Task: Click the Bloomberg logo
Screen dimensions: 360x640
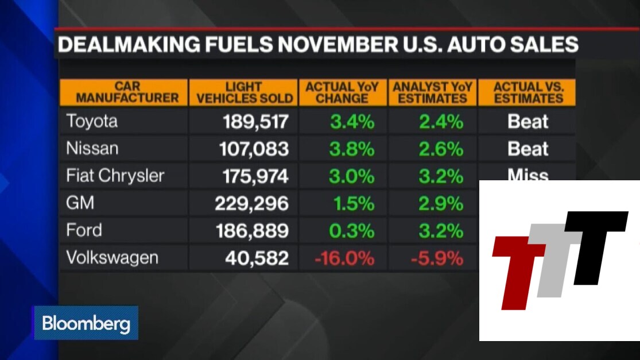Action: point(86,324)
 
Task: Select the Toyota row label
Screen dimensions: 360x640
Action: point(92,122)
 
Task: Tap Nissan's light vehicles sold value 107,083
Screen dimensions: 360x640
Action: point(254,149)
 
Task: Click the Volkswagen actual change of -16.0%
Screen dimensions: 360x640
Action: point(344,258)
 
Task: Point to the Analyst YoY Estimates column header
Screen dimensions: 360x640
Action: point(432,92)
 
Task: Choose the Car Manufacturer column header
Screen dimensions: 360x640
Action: point(123,92)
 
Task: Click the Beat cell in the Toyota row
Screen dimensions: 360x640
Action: point(527,122)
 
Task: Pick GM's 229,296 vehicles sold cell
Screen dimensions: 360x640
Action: point(251,204)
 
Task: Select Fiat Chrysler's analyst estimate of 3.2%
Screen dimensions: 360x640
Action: point(440,176)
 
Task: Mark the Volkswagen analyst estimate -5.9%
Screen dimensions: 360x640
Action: point(437,258)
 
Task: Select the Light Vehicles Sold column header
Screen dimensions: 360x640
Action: point(244,92)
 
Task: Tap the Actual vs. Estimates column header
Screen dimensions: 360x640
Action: point(528,92)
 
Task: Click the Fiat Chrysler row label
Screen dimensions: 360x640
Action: point(115,176)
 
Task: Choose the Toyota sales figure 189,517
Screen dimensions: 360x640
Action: point(255,122)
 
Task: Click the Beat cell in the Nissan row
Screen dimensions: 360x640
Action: point(527,149)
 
